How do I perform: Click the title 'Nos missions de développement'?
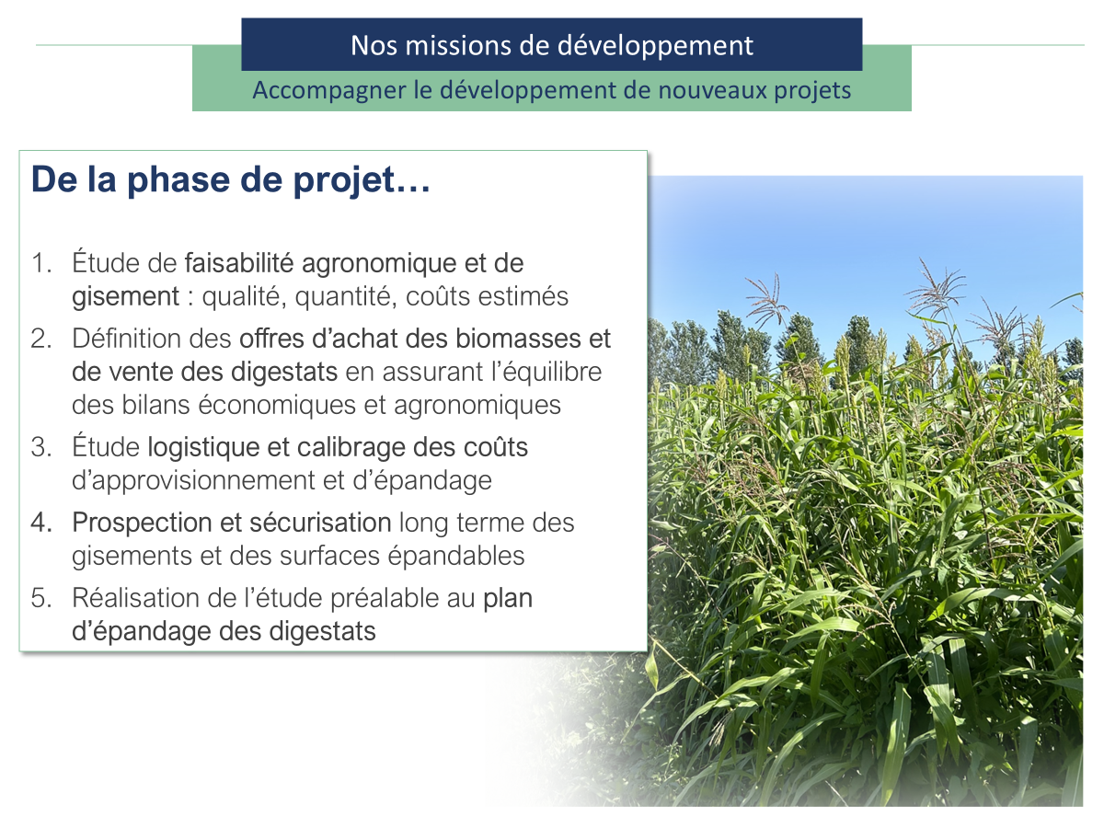pyautogui.click(x=552, y=45)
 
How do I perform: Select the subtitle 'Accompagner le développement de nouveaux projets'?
pyautogui.click(x=552, y=91)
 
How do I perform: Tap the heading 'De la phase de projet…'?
pyautogui.click(x=231, y=180)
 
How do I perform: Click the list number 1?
pyautogui.click(x=41, y=264)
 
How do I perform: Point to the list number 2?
pyautogui.click(x=41, y=339)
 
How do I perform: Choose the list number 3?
pyautogui.click(x=41, y=448)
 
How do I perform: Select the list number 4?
pyautogui.click(x=41, y=523)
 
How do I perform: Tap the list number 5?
pyautogui.click(x=41, y=599)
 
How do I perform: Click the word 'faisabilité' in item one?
pyautogui.click(x=240, y=264)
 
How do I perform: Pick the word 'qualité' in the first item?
pyautogui.click(x=243, y=297)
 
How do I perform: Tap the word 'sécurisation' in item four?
pyautogui.click(x=320, y=523)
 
